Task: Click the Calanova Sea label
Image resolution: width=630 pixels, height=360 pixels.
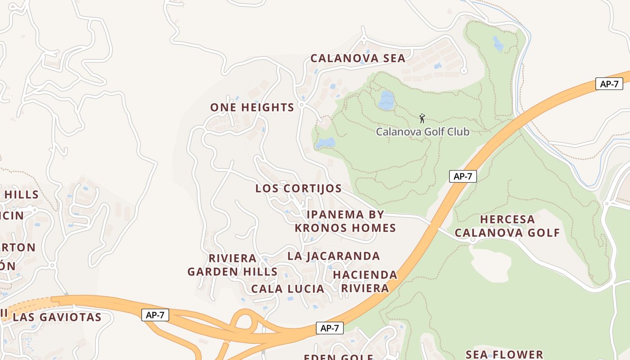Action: tap(358, 58)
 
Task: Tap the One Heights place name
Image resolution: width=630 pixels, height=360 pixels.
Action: tap(252, 108)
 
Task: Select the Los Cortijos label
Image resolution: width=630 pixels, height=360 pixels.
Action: tap(298, 189)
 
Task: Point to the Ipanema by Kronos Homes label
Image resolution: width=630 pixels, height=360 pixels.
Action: tap(345, 221)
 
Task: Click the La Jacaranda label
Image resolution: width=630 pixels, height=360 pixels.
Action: tap(333, 256)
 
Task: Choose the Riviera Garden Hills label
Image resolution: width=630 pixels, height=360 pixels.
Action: tap(232, 265)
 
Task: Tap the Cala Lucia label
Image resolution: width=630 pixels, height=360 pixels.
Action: tap(288, 289)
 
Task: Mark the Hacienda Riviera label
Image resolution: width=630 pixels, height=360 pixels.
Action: tap(365, 281)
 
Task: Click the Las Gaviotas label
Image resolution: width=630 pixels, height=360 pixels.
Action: tap(57, 317)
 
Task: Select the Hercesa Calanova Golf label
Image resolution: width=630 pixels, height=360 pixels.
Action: tap(507, 226)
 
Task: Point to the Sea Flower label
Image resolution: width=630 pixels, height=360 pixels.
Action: tap(504, 355)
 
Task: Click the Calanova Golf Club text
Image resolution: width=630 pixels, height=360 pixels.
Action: tap(423, 132)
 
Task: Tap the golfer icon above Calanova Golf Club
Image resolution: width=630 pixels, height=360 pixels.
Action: tap(422, 118)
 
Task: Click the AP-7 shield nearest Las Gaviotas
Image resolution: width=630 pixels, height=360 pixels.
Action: tap(155, 315)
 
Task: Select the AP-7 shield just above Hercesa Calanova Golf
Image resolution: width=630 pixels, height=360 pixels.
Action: tap(463, 176)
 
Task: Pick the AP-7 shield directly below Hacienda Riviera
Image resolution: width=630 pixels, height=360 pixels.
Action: tap(330, 328)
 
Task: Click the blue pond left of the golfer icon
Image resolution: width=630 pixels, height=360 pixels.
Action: tap(386, 99)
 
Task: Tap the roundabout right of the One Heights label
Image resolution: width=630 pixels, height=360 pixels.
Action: tap(301, 104)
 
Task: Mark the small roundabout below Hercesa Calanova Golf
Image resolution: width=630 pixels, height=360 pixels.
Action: tap(472, 240)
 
